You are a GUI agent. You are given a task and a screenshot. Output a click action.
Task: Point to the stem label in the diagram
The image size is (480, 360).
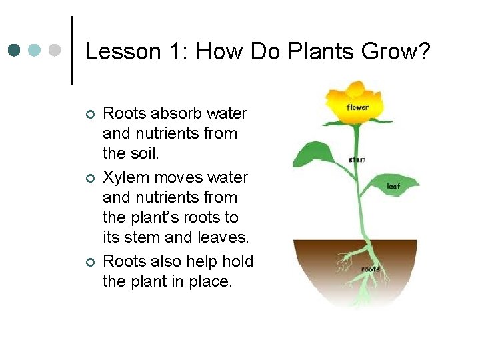357,160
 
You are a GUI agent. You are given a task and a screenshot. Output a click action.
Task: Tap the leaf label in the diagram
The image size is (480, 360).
393,186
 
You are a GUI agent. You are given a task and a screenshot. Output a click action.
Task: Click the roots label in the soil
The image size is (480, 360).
370,269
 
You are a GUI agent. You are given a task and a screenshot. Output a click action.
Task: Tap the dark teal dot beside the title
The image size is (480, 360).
15,51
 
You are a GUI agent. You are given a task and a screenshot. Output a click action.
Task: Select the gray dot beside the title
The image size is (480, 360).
56,51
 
